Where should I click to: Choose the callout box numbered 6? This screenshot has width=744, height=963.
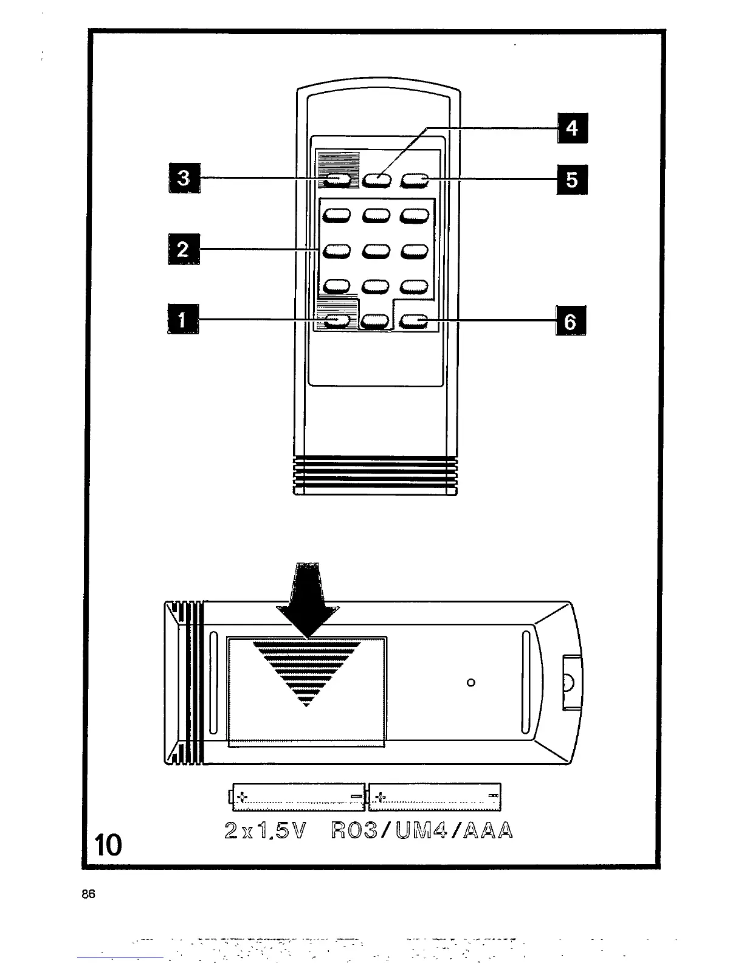(571, 321)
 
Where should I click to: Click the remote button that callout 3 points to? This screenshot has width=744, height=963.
(337, 179)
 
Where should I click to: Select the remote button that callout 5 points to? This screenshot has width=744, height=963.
(415, 179)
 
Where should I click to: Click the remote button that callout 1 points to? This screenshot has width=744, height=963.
(337, 321)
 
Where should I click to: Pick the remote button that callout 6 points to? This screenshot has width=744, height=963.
(415, 321)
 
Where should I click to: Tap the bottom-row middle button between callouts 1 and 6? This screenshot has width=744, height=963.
(376, 321)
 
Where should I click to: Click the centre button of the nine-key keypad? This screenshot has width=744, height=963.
(377, 250)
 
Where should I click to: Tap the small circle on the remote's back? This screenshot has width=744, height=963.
(470, 682)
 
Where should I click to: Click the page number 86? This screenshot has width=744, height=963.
(89, 895)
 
